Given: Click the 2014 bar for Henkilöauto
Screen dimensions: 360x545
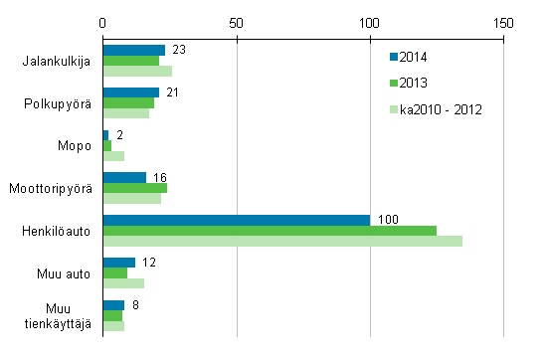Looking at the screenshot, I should [236, 220].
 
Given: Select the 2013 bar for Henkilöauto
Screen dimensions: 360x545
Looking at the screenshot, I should [270, 231].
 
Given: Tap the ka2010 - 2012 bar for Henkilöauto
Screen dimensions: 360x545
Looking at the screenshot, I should [282, 242].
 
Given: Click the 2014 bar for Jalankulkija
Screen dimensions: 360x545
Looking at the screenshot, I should [133, 50].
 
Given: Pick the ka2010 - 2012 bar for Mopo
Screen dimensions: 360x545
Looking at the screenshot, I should [113, 156].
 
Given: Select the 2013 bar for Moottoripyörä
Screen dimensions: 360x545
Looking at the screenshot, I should [134, 188].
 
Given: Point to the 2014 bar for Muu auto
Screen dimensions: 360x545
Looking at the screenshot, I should [118, 263].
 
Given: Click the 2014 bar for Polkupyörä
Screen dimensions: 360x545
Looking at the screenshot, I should [130, 92].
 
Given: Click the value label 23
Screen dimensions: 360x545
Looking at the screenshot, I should [178, 48].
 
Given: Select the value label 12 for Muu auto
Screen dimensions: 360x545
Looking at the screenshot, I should [149, 262].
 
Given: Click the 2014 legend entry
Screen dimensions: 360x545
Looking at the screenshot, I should [415, 58].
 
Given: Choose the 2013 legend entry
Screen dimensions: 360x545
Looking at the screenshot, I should [415, 84].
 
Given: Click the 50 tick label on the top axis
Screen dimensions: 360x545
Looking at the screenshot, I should [236, 22].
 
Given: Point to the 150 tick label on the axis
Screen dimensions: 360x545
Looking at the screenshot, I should [503, 22].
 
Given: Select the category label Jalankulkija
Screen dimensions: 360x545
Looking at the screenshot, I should [57, 61].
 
